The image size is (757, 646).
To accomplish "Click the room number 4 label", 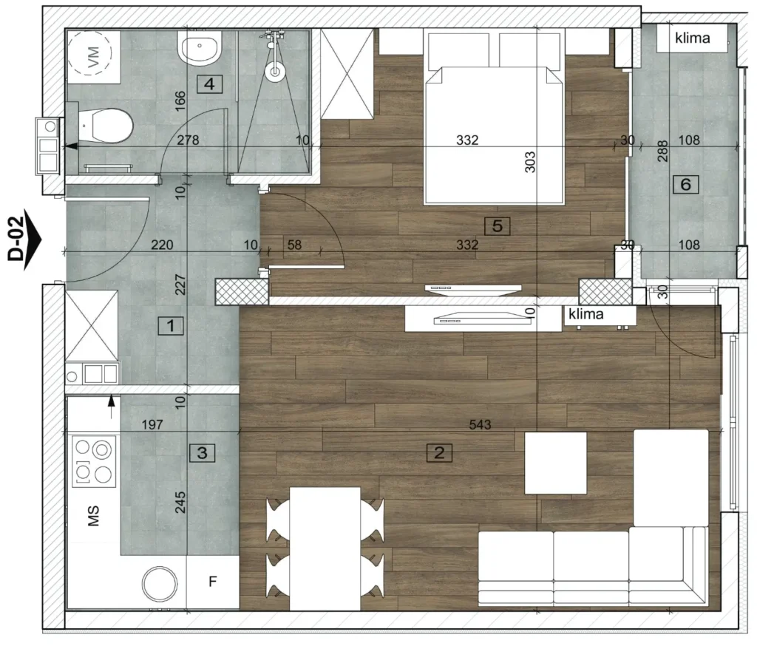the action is [209, 84].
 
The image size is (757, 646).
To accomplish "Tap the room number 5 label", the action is [498, 225].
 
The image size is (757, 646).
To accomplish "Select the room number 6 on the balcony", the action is [685, 184].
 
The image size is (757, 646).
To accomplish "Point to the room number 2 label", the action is [439, 453].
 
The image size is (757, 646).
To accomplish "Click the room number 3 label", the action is [203, 453].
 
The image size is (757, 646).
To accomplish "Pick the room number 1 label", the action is [171, 326].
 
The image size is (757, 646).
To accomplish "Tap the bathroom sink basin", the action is [200, 48].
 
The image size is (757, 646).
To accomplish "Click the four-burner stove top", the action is [94, 461].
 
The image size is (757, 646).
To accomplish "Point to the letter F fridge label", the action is [212, 582].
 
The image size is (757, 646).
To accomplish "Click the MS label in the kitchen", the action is [93, 516].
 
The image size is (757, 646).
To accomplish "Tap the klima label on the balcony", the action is [692, 38].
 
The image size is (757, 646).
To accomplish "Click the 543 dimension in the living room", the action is [480, 424].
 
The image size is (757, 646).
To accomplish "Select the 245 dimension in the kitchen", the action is [180, 502].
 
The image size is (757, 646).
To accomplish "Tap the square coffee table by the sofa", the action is [556, 463].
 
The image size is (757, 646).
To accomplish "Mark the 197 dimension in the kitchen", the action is [152, 424].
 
